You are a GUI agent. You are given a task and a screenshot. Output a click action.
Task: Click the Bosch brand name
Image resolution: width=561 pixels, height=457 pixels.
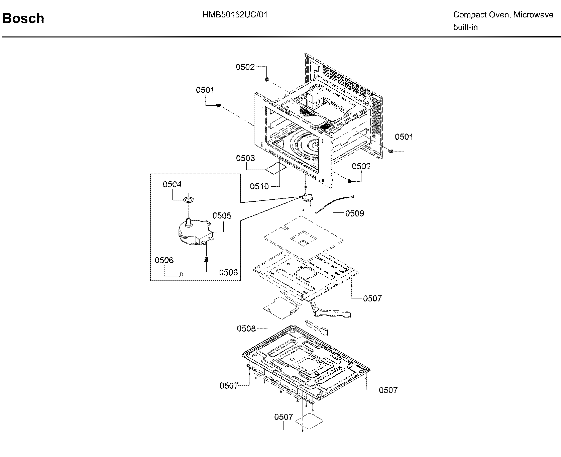[x=23, y=18]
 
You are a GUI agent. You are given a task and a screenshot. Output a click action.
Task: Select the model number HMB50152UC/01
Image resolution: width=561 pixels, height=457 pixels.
[x=235, y=15]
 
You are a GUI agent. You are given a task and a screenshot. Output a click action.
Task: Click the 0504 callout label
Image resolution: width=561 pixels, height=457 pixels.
[x=172, y=184]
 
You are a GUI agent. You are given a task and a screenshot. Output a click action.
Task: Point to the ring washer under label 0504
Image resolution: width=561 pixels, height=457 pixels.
[x=189, y=200]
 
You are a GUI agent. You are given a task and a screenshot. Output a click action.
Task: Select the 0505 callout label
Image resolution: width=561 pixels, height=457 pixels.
[x=222, y=215]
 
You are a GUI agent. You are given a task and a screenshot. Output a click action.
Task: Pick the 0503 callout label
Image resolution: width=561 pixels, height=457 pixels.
[x=245, y=158]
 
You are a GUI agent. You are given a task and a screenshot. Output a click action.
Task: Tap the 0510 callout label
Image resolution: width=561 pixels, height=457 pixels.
[x=259, y=186]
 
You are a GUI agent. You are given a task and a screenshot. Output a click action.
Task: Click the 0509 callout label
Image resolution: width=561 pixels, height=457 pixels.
[x=354, y=213]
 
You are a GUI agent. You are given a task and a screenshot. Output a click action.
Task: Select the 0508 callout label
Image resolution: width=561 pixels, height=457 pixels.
[x=246, y=329]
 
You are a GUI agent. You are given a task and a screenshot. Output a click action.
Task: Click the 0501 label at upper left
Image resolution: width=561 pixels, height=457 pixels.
[x=205, y=90]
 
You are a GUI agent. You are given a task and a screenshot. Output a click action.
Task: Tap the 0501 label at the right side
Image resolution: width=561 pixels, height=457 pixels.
[x=404, y=137]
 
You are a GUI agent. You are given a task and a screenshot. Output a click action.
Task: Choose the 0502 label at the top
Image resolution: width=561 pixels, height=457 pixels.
[x=245, y=67]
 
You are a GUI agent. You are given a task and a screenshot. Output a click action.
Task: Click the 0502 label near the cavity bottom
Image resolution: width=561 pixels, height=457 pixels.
[x=361, y=166]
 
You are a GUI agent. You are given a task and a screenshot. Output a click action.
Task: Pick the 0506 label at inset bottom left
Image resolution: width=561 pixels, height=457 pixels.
[x=164, y=260]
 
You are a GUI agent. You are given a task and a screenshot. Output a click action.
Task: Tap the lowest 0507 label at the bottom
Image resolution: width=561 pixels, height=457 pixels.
[x=284, y=417]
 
